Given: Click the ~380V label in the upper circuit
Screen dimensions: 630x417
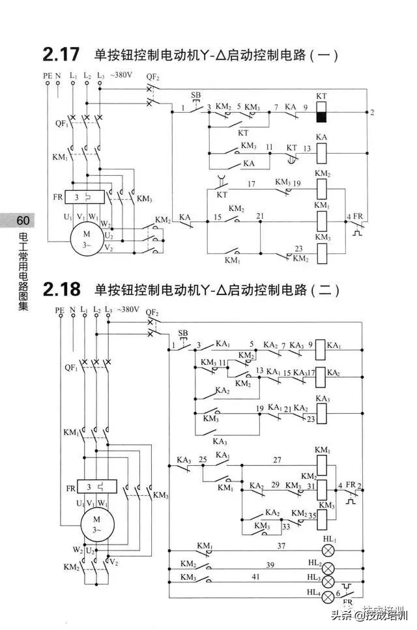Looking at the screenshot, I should click(x=121, y=75).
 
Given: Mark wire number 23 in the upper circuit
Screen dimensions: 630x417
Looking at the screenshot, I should click(x=299, y=248).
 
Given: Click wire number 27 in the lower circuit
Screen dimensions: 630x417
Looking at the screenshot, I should click(x=277, y=460).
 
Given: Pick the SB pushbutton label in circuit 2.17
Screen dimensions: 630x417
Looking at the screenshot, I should click(x=196, y=94).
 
